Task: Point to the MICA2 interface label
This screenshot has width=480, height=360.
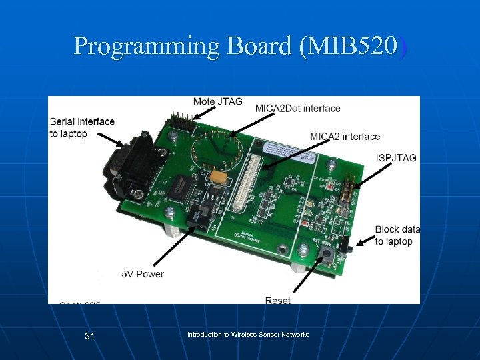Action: pos(345,137)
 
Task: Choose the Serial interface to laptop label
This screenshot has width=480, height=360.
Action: pos(82,127)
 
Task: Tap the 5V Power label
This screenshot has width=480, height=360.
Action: pos(142,274)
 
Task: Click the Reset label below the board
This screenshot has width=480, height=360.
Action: pos(277,300)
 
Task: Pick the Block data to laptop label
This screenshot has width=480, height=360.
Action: pos(397,235)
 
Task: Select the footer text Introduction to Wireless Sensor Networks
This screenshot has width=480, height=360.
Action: pos(248,334)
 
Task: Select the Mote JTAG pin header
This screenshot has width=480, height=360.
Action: pos(181,121)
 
